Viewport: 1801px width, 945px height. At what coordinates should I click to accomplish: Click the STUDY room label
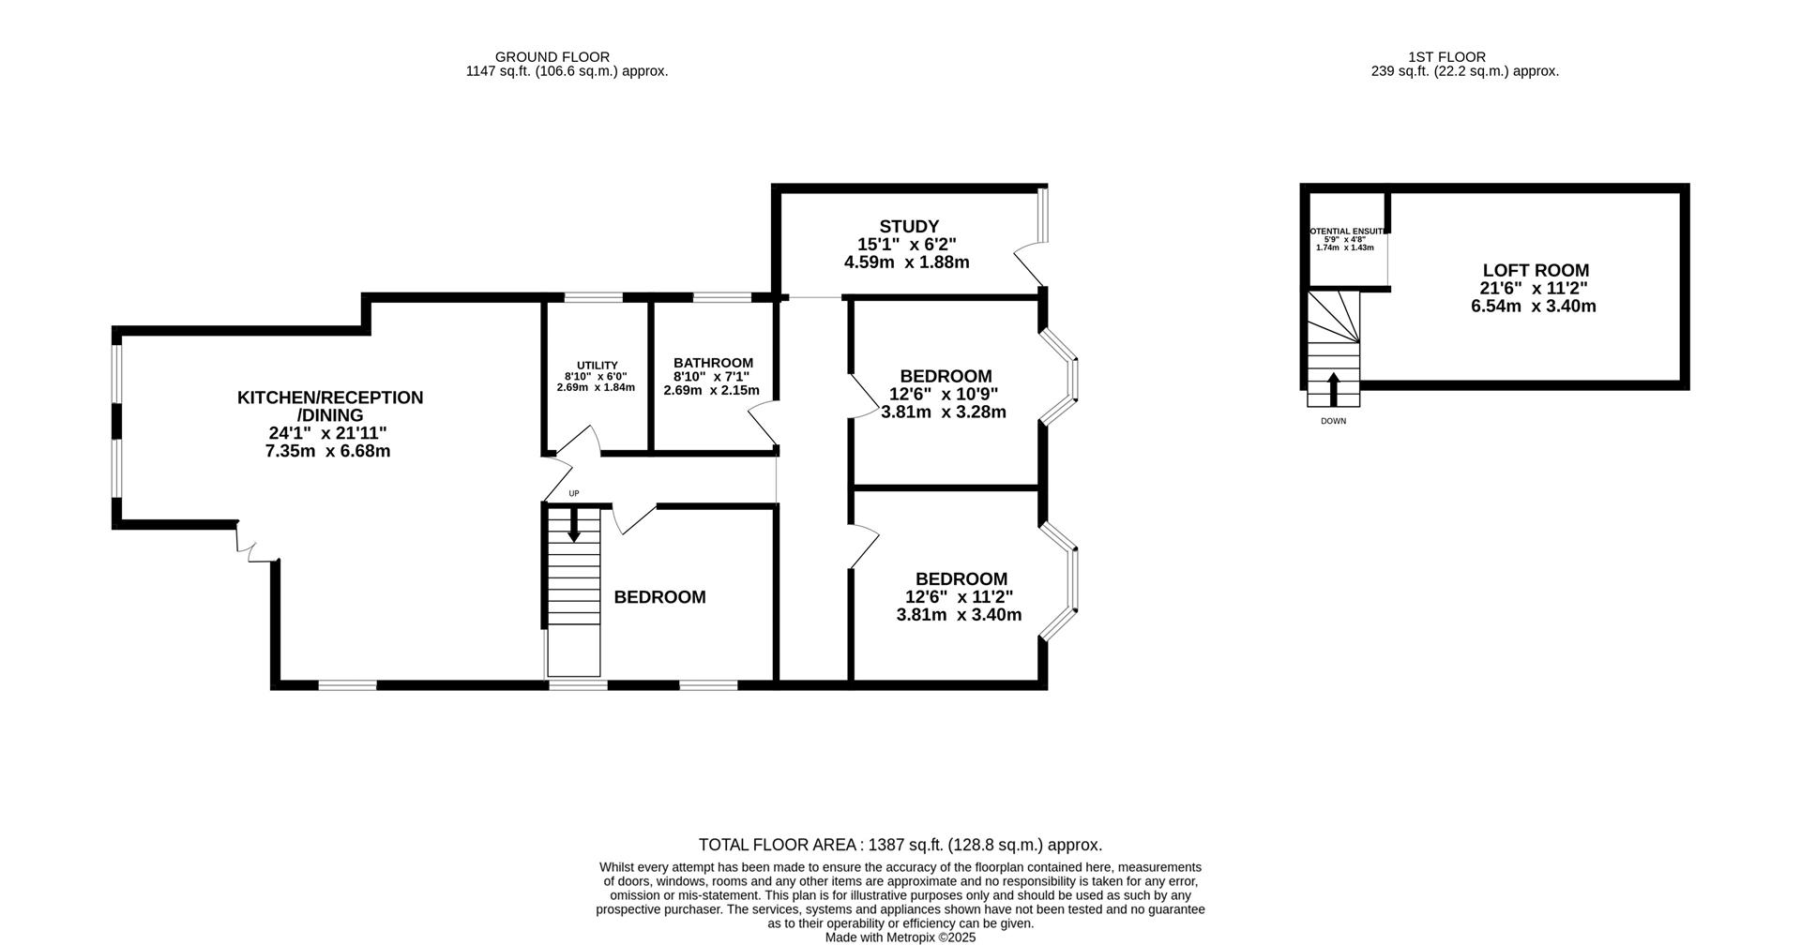(x=908, y=226)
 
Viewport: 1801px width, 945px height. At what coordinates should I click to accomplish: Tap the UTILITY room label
(x=597, y=366)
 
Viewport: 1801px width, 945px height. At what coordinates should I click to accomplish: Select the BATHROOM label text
(x=713, y=363)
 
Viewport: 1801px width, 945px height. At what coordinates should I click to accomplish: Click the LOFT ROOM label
(x=1535, y=270)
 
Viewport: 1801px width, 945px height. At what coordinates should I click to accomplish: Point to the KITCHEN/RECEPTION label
(x=329, y=397)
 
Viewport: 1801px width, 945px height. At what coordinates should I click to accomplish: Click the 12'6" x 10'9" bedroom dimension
(x=943, y=395)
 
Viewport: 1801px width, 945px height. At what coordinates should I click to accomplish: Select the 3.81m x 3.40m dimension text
(x=959, y=615)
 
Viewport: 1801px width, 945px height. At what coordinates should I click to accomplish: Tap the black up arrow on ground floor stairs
(x=573, y=526)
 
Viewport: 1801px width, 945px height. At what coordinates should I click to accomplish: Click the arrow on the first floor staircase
(x=1333, y=388)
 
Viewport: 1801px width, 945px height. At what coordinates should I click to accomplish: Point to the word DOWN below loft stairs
(x=1333, y=421)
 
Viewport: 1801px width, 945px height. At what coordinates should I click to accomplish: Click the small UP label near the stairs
(x=574, y=493)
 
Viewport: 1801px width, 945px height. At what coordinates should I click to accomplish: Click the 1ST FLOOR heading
(x=1465, y=57)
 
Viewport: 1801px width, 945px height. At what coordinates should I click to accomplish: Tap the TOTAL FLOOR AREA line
(x=900, y=845)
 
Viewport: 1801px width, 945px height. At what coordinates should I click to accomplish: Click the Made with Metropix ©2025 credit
(x=900, y=937)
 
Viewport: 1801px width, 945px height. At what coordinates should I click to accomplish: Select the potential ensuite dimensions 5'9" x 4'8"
(x=1344, y=239)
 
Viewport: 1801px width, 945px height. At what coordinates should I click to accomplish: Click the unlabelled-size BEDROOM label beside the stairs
(x=659, y=597)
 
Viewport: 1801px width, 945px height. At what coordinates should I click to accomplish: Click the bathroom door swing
(x=763, y=422)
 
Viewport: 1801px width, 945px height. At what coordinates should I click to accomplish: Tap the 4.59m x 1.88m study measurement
(x=906, y=262)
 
